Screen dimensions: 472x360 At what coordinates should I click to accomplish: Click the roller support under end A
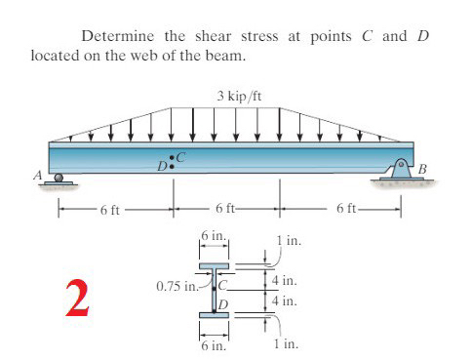[x=59, y=179]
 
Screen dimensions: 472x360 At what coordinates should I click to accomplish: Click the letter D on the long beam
[x=164, y=166]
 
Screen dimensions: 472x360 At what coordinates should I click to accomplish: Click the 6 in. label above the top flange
[x=213, y=237]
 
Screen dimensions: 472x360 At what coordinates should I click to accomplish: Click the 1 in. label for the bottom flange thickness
[x=288, y=344]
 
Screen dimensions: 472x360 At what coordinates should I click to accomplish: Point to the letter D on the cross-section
[x=222, y=304]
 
